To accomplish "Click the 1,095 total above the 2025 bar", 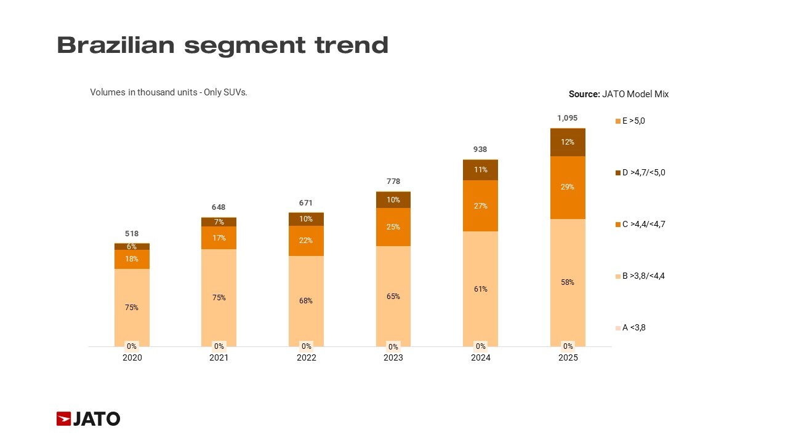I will click(568, 118).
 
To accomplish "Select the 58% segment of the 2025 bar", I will click(568, 282).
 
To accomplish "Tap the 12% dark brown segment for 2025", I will click(568, 142).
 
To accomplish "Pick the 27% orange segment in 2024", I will click(480, 206).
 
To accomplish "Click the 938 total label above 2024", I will click(480, 150).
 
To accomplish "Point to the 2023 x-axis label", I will click(393, 358).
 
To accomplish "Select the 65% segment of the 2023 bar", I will click(393, 296).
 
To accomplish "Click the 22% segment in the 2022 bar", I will click(306, 241).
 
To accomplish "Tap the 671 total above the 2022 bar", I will click(306, 203).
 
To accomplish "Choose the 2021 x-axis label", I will click(219, 358).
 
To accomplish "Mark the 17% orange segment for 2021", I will click(219, 237).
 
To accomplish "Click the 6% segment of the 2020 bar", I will click(132, 246).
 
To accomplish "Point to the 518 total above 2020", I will click(132, 234).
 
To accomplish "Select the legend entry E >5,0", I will click(633, 121).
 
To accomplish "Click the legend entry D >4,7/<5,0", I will click(643, 173).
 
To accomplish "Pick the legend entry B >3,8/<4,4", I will click(643, 276).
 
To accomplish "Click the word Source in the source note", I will click(584, 95).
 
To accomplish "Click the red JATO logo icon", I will click(64, 419).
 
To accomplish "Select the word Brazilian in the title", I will click(116, 46).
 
